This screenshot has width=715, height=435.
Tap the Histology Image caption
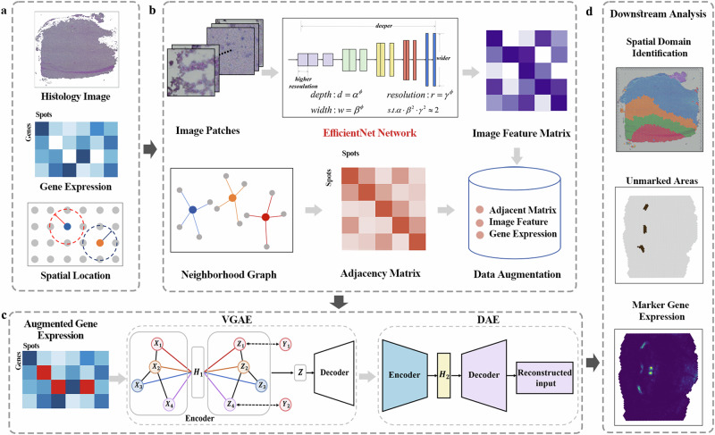[74, 96]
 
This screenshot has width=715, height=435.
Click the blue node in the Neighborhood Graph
[192, 210]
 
